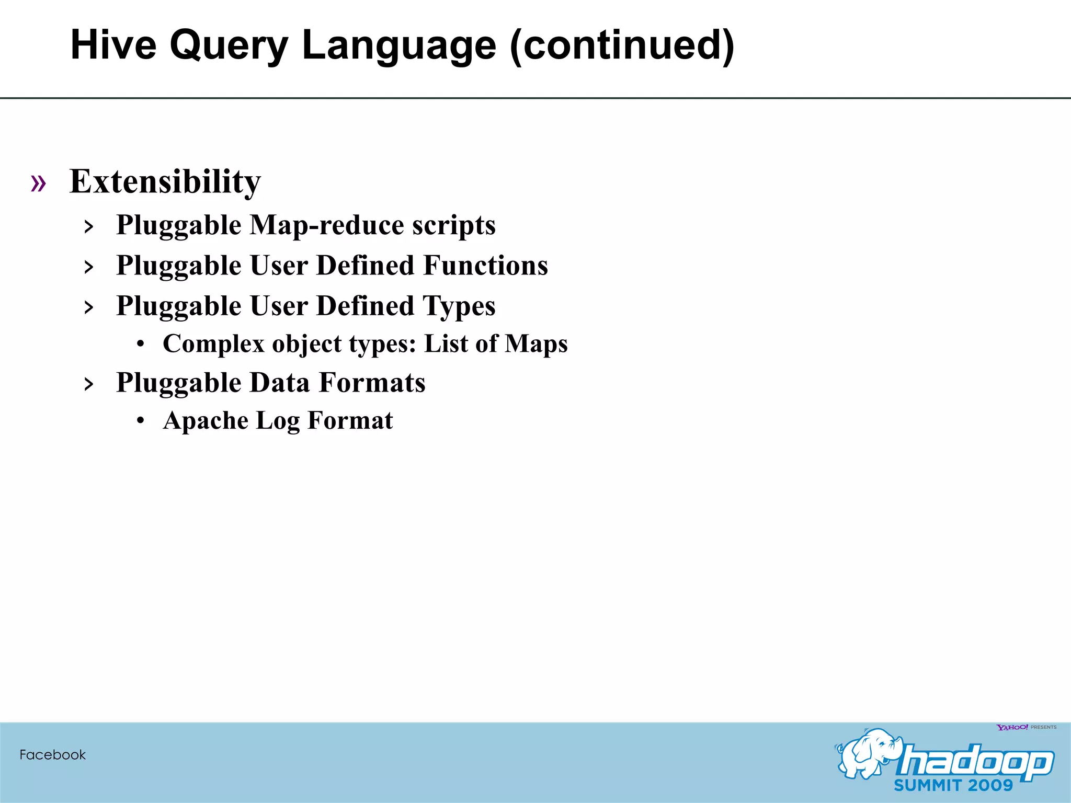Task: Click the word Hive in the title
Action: (x=113, y=45)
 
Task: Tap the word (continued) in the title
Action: (x=622, y=46)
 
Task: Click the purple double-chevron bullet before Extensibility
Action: (x=38, y=183)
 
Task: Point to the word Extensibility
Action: (x=165, y=182)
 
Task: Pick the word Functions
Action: (x=485, y=265)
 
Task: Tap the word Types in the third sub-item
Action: (x=459, y=306)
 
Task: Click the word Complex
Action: (x=214, y=344)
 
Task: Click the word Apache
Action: (x=206, y=421)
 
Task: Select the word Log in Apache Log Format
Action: (x=277, y=421)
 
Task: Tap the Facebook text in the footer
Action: (x=52, y=754)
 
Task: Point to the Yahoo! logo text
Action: (x=1012, y=727)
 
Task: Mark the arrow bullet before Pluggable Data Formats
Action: (x=89, y=384)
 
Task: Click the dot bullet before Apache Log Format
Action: (x=140, y=421)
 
